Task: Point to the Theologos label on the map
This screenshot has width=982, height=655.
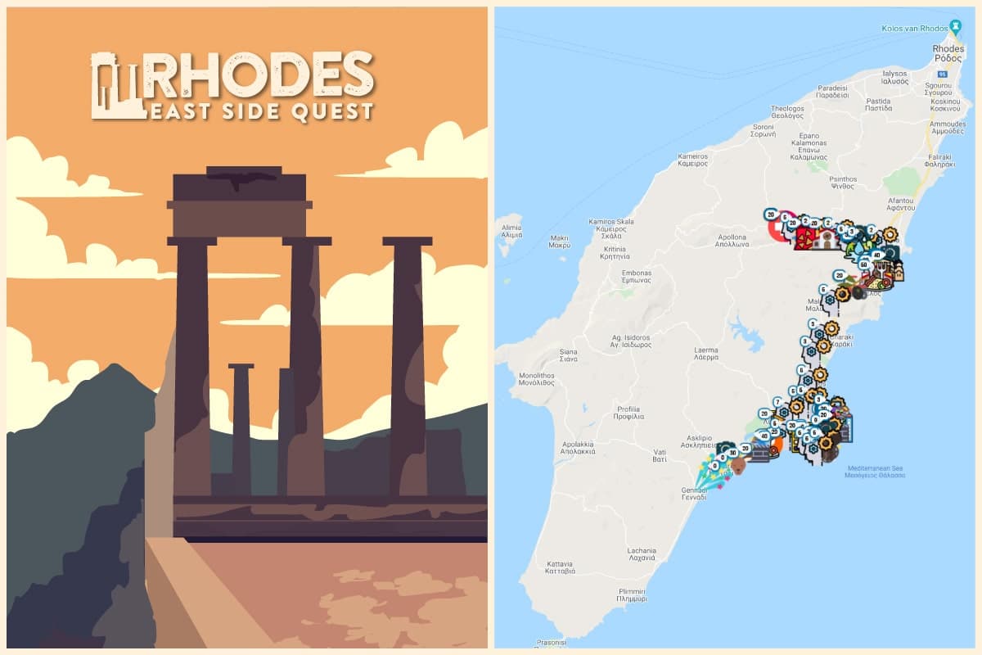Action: (x=787, y=111)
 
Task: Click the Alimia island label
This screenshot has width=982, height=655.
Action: (x=511, y=229)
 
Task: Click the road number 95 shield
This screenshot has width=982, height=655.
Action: (x=942, y=75)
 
